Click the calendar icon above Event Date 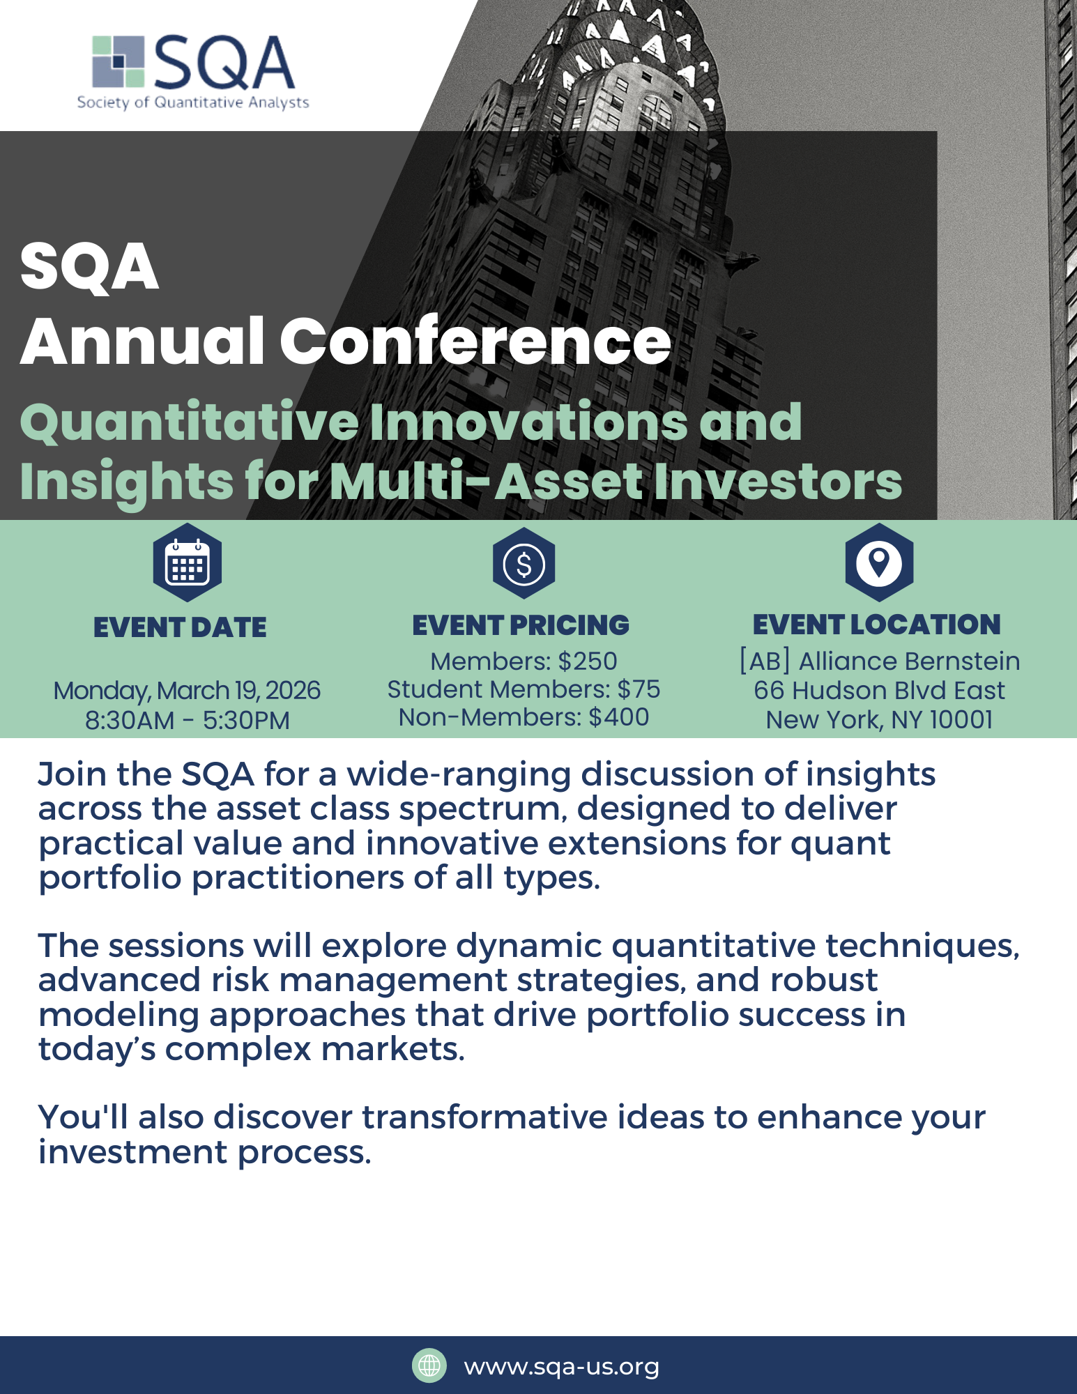click(x=188, y=562)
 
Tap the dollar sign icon click(x=524, y=563)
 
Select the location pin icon click(x=879, y=562)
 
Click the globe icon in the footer click(x=429, y=1365)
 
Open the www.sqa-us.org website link click(x=561, y=1367)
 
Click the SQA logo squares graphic click(x=119, y=62)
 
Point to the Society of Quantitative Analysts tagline click(x=193, y=102)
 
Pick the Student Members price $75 click(x=639, y=689)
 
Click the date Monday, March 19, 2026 click(x=187, y=691)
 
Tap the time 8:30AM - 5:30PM click(x=187, y=720)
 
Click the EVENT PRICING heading click(x=521, y=625)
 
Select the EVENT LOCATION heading click(x=877, y=625)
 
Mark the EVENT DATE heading click(x=180, y=627)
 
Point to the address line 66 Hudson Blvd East click(x=879, y=690)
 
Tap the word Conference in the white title click(x=475, y=341)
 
